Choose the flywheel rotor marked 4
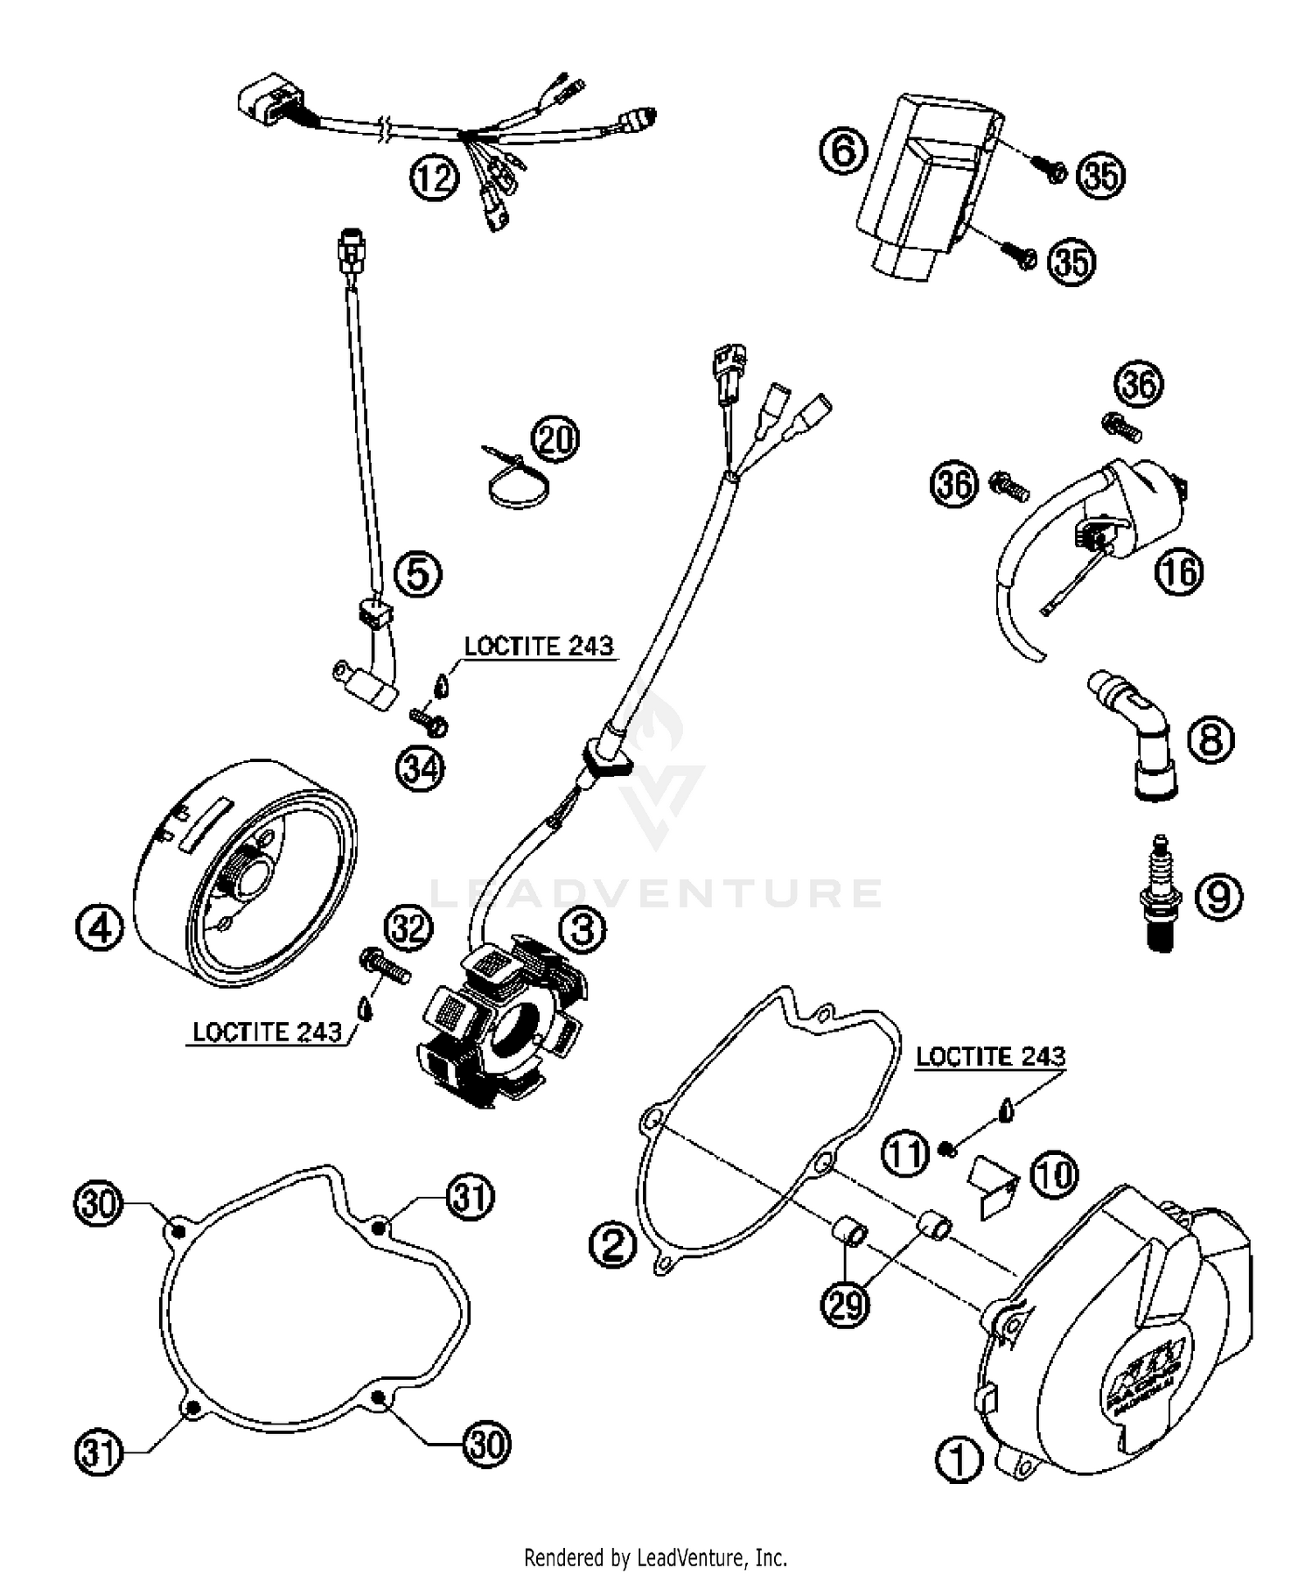[245, 884]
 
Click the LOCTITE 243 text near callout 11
[990, 1056]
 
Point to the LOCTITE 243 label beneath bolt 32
[267, 1032]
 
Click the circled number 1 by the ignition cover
[959, 1460]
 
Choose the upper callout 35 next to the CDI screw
[1100, 176]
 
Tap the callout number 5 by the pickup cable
[418, 574]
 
